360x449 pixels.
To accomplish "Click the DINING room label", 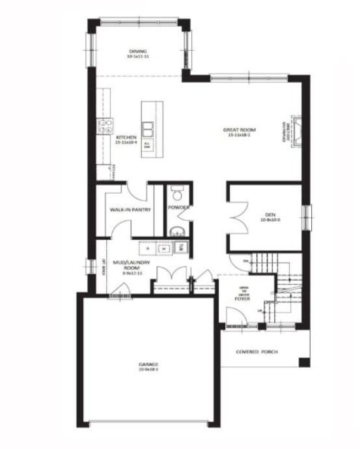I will coord(137,51).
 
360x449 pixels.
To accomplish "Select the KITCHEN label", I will coord(126,138).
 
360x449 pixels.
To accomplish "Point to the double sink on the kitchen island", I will coord(149,128).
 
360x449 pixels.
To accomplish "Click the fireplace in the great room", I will coord(296,132).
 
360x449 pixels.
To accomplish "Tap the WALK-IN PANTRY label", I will coord(130,210).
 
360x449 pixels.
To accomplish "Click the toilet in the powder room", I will coord(177,193).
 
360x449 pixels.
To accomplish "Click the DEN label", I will coord(271,214).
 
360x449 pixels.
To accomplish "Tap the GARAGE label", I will coord(148,364).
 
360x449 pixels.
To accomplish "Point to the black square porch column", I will coord(304,362).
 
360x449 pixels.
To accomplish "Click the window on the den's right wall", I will coord(309,214).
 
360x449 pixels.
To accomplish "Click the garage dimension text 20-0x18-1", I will coord(148,369).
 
